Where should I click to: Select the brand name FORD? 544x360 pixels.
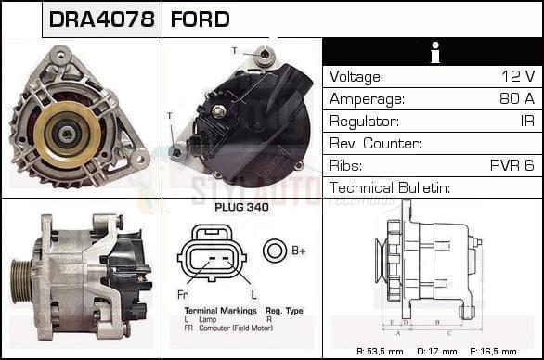pos(200,19)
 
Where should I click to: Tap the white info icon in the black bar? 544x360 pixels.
pos(433,52)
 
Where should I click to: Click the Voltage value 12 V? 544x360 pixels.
pos(517,77)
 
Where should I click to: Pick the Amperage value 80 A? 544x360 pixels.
pos(516,99)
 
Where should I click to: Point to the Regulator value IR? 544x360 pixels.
pos(526,122)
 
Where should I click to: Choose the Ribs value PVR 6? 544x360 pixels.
pos(512,166)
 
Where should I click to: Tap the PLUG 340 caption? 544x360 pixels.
pos(240,208)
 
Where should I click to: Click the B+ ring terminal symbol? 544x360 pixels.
pos(274,251)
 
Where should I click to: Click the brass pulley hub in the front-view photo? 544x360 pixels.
pos(67,135)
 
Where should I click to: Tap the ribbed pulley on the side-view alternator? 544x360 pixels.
pos(21,278)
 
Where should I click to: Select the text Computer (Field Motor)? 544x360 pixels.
pos(236,328)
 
